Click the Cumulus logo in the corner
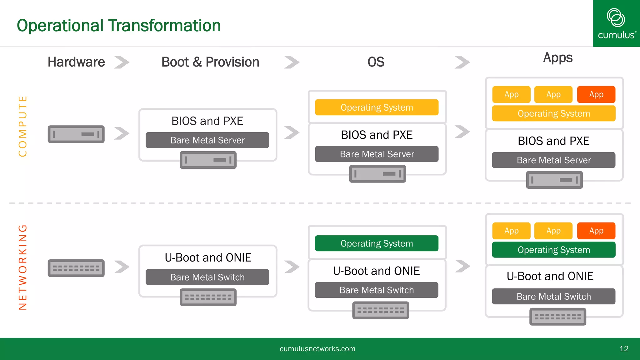pos(616,23)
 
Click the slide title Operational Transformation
pos(118,26)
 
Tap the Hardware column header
pos(76,62)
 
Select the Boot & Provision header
pos(210,62)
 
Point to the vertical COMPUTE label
pos(22,126)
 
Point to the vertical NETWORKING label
pos(22,267)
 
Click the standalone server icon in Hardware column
pos(76,134)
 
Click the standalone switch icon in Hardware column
pos(76,268)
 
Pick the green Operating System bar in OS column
pos(377,243)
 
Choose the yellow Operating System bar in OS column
pos(377,107)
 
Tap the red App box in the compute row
pos(596,94)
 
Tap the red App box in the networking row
pos(596,231)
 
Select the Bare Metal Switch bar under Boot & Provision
pos(207,277)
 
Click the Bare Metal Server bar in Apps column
pos(553,160)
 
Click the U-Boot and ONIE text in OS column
pos(376,271)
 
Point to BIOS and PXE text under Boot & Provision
pos(207,121)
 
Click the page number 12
pos(623,349)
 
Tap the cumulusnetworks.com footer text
pos(317,349)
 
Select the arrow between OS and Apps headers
pos(462,62)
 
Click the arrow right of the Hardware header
pos(122,62)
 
